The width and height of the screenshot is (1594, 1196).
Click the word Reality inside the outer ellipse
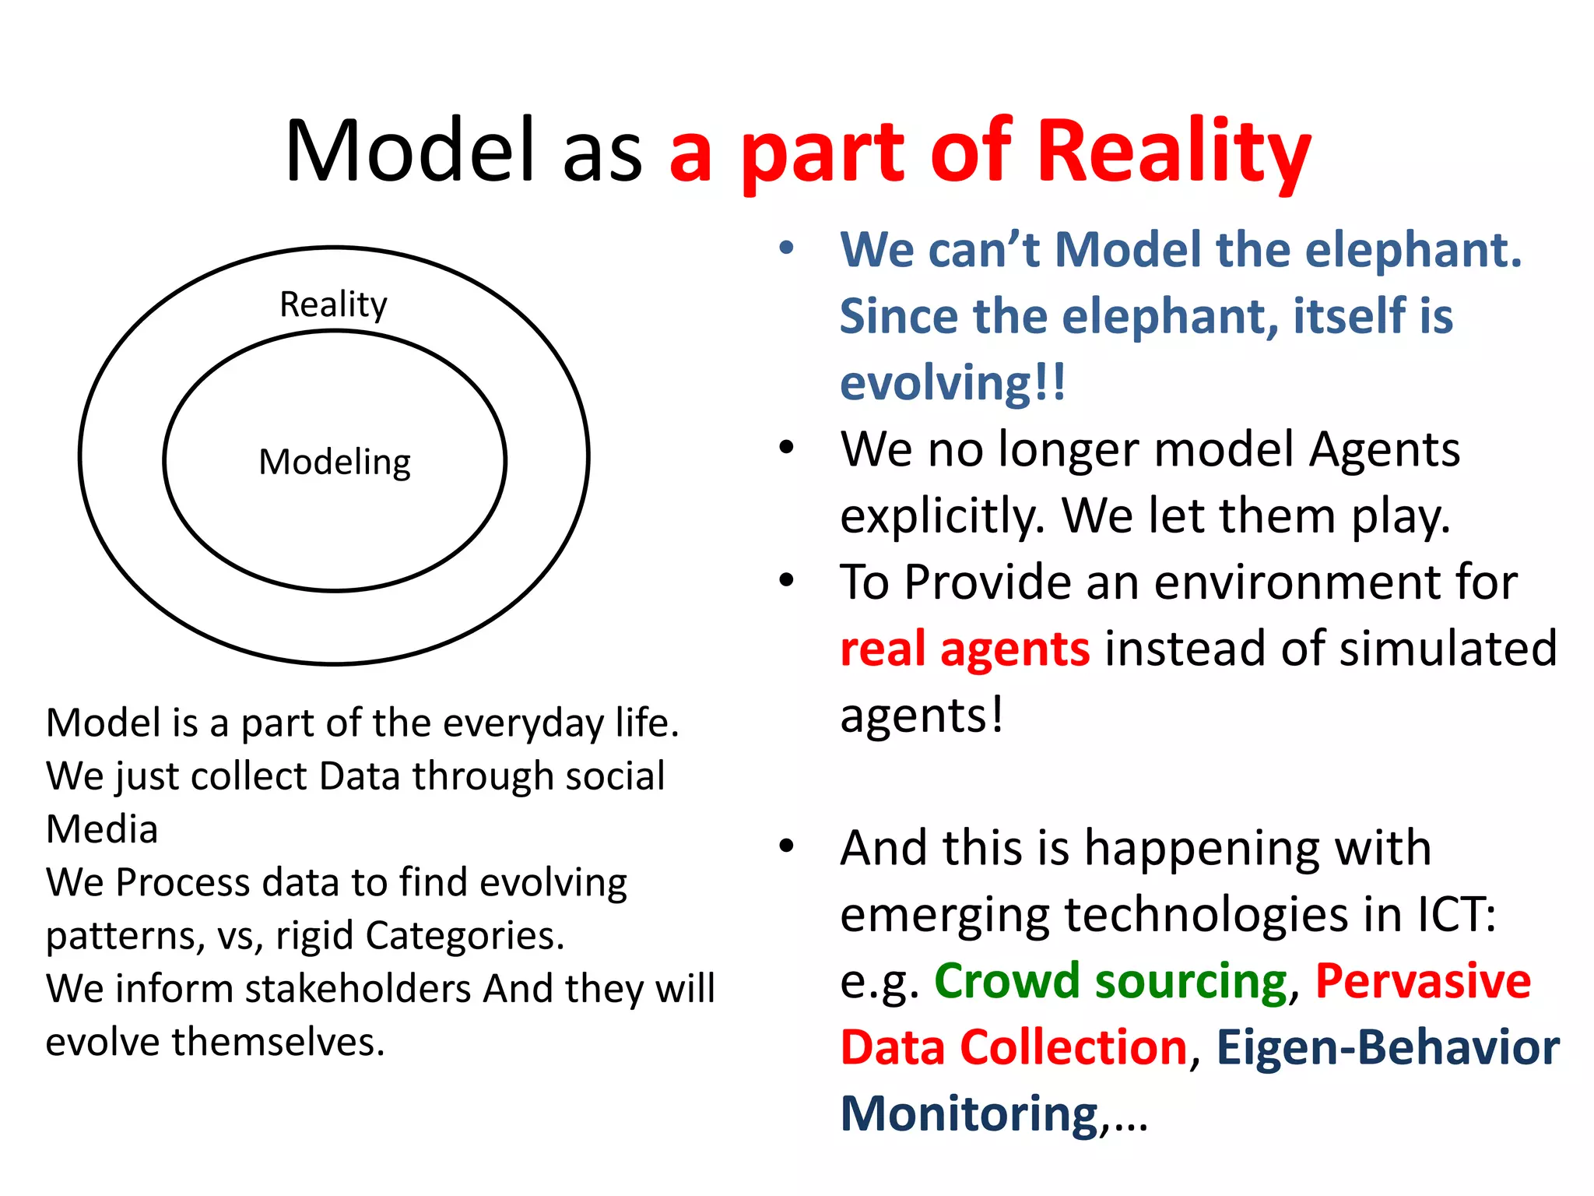[333, 304]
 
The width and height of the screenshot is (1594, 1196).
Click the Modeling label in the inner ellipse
[335, 462]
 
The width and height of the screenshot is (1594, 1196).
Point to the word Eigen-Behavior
[1388, 1046]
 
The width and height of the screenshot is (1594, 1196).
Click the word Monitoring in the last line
[969, 1113]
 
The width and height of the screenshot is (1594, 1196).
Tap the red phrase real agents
[965, 649]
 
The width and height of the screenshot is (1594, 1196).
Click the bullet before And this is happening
[786, 846]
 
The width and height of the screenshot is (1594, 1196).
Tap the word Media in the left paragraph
[102, 828]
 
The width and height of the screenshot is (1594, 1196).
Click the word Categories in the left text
[464, 935]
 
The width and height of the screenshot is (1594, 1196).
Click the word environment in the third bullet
[1335, 582]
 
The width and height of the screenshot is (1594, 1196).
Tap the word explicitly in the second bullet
[942, 516]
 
